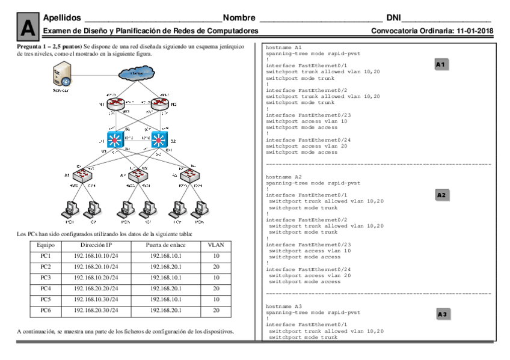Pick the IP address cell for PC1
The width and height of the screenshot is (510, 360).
[96, 256]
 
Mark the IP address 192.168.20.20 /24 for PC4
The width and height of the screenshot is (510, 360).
[96, 288]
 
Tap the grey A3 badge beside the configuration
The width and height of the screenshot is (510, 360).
[442, 314]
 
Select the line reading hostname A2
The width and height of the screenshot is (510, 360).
[284, 177]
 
